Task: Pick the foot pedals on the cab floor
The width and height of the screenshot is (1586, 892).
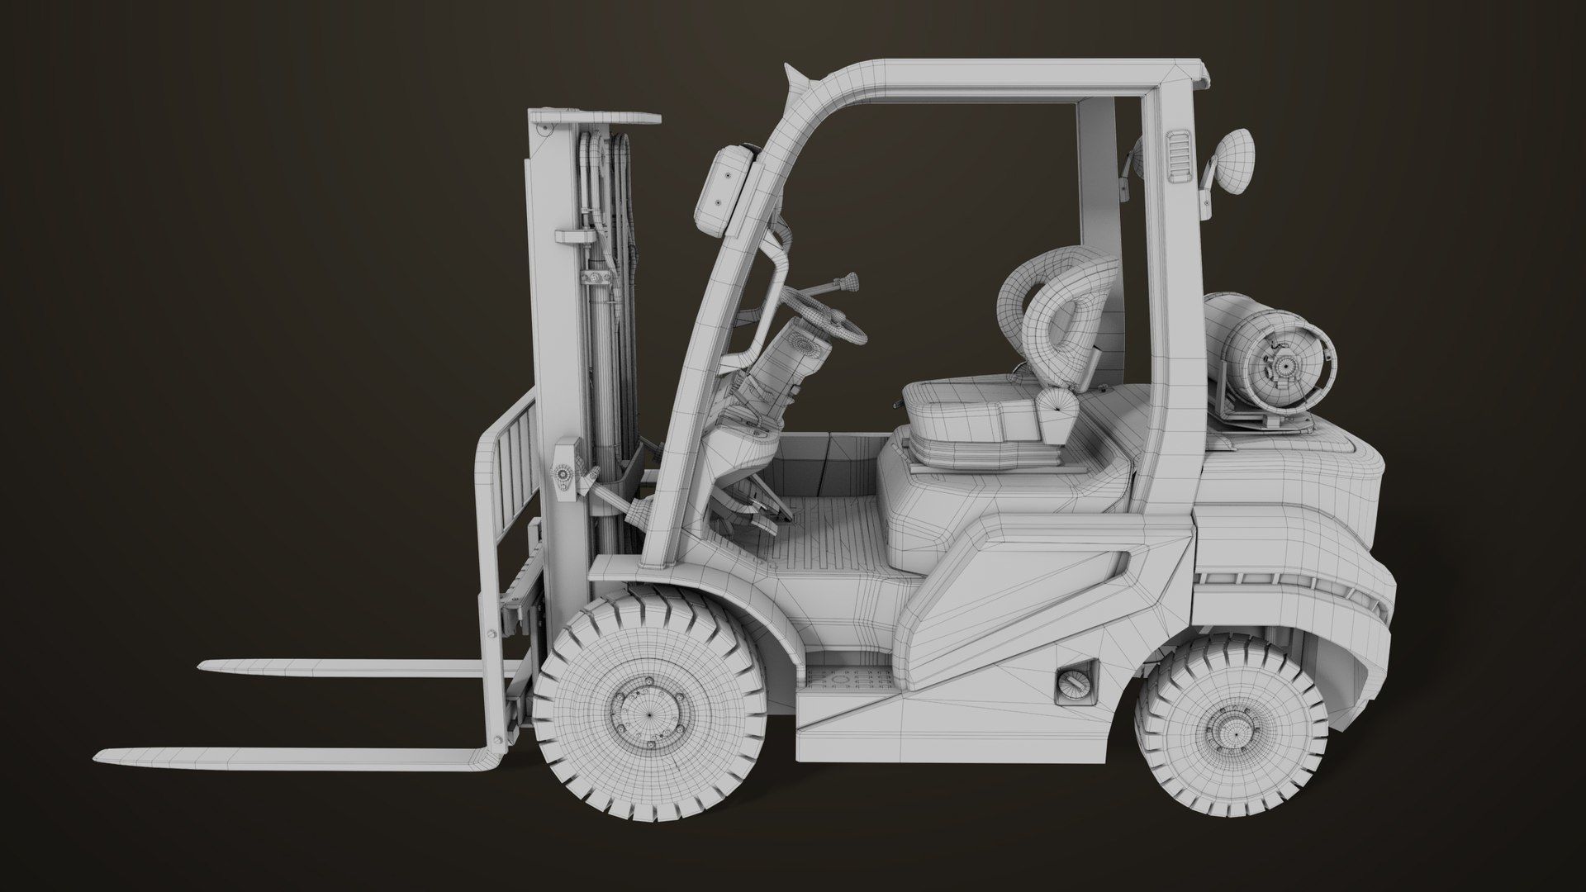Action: (x=756, y=516)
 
